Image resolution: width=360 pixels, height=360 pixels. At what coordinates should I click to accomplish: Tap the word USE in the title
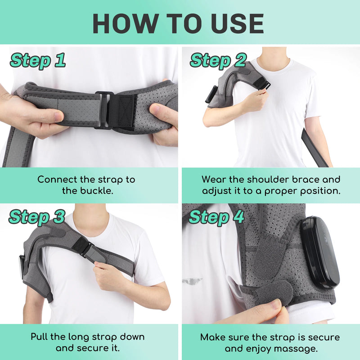[235, 23]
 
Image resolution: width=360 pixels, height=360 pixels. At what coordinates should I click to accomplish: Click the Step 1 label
[38, 60]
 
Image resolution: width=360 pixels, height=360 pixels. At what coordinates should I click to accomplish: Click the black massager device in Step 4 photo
[319, 252]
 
